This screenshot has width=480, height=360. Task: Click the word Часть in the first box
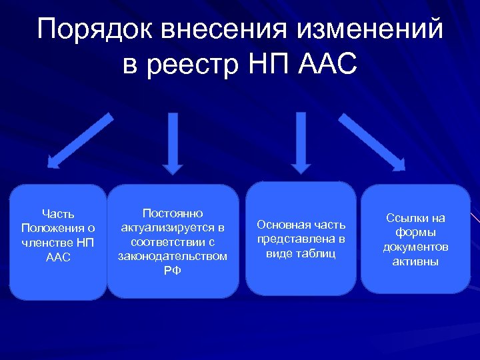click(x=58, y=214)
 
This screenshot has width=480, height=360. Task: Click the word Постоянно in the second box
click(x=173, y=213)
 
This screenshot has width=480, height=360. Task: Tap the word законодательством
click(x=173, y=256)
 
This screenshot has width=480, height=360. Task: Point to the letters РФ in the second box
click(x=173, y=271)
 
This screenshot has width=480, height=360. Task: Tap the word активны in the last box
click(x=415, y=262)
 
